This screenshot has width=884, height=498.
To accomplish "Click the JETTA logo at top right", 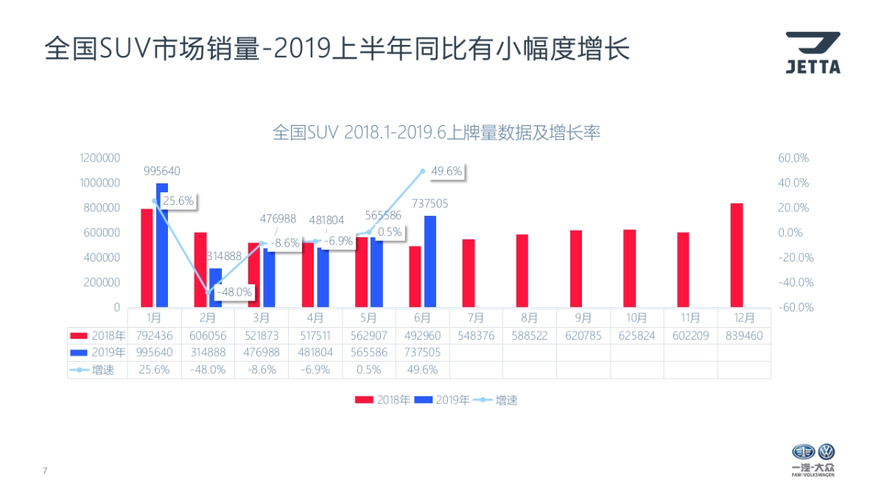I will coord(812,53).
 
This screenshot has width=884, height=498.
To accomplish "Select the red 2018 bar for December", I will coord(737,255).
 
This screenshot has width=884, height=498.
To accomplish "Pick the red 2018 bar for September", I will coord(576,268).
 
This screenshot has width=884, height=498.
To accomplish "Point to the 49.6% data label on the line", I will coord(446,172).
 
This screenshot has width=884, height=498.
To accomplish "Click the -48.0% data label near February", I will coord(235,292).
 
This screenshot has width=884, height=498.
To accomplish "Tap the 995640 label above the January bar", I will coord(162,171).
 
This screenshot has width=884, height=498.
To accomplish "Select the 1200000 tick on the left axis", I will coord(100,158).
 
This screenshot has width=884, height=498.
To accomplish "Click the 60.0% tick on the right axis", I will coord(793,158).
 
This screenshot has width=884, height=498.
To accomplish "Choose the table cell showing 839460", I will coord(744,335).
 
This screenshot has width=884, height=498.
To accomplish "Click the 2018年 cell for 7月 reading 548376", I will coord(476,335).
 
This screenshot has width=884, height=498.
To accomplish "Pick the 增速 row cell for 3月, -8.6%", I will coord(262,370).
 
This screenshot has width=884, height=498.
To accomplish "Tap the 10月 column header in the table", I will coord(636,318).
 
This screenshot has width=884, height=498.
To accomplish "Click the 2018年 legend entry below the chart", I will coord(383,400).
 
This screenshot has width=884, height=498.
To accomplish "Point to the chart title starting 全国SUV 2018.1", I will coord(437,133).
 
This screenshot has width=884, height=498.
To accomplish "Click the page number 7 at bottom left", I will coord(45,471).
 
